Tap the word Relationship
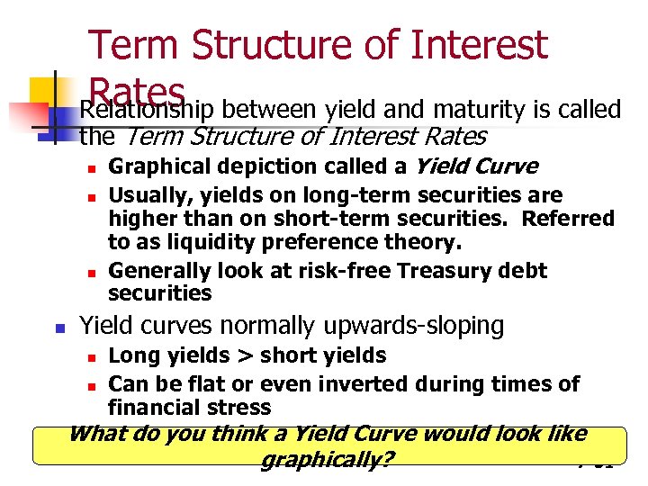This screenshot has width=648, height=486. [x=149, y=112]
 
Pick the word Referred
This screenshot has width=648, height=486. [x=569, y=219]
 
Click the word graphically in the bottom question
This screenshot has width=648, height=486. [x=328, y=460]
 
